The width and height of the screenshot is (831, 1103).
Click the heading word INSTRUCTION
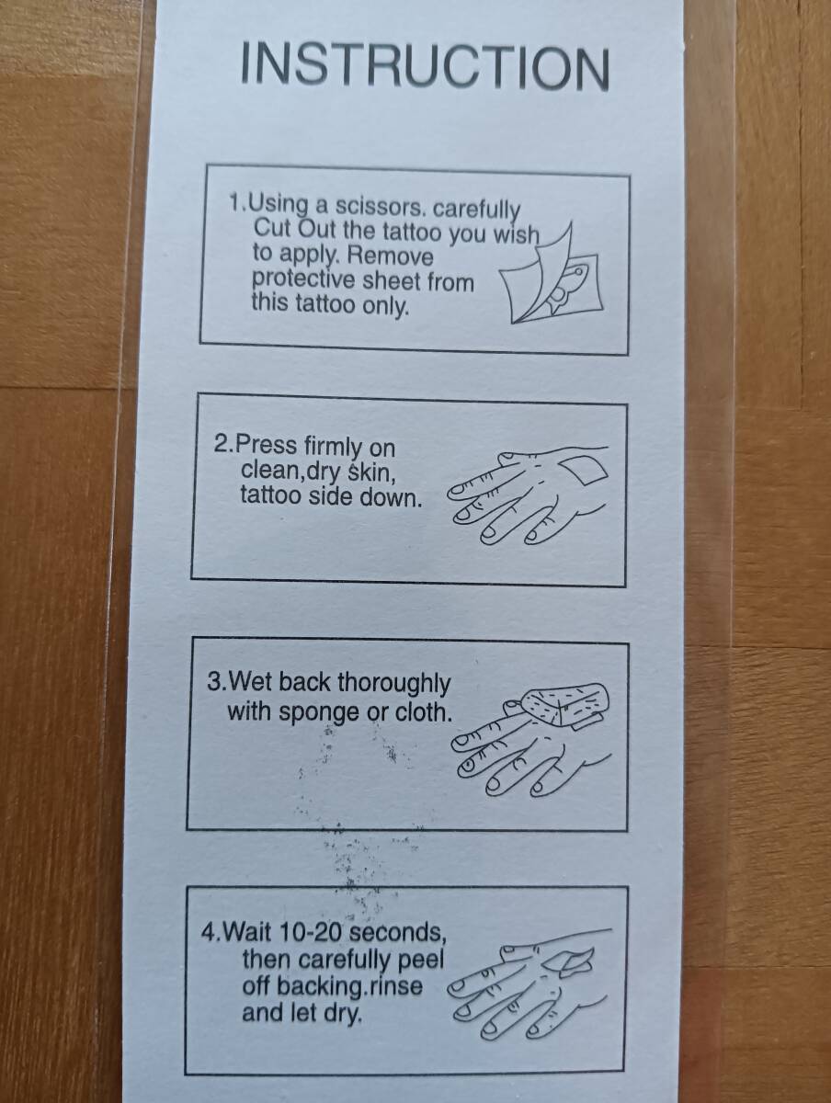coord(425,68)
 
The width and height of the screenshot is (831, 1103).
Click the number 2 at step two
coord(221,444)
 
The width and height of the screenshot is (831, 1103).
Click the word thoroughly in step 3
coord(393,685)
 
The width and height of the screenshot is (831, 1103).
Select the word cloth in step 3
coord(424,712)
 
